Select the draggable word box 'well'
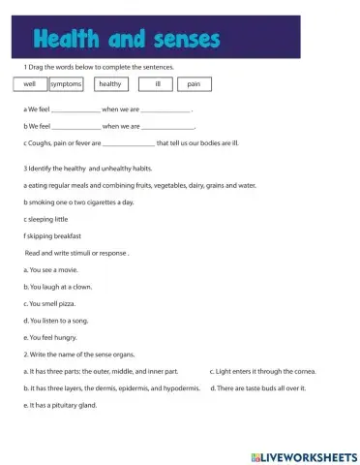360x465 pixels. pos(29,84)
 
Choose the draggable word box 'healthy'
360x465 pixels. pos(110,84)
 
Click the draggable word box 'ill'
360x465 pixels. pos(156,84)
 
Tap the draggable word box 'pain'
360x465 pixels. pos(194,84)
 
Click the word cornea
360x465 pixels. pos(303,371)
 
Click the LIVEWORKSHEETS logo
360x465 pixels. pos(303,454)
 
